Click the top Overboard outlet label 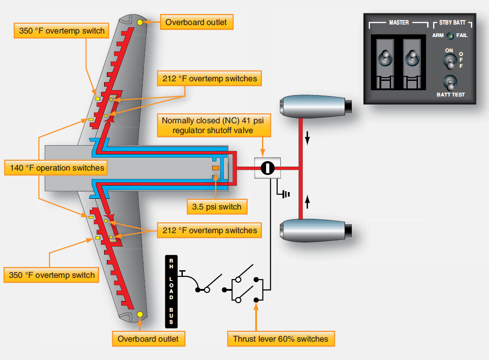[x=197, y=22]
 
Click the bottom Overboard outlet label [x=148, y=339]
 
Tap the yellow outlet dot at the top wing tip [x=140, y=22]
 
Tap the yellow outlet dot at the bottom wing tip [x=140, y=314]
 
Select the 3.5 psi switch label [x=217, y=207]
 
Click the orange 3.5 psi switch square [x=215, y=168]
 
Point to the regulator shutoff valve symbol [x=268, y=168]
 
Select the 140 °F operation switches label [x=56, y=167]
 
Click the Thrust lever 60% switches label [x=281, y=339]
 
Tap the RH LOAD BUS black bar [x=171, y=292]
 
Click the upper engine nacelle [x=316, y=106]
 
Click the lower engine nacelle [x=316, y=230]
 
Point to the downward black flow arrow [x=308, y=138]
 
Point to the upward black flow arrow [x=308, y=201]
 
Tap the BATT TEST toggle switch [x=450, y=83]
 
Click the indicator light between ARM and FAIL [x=450, y=36]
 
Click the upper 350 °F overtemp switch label [x=61, y=30]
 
